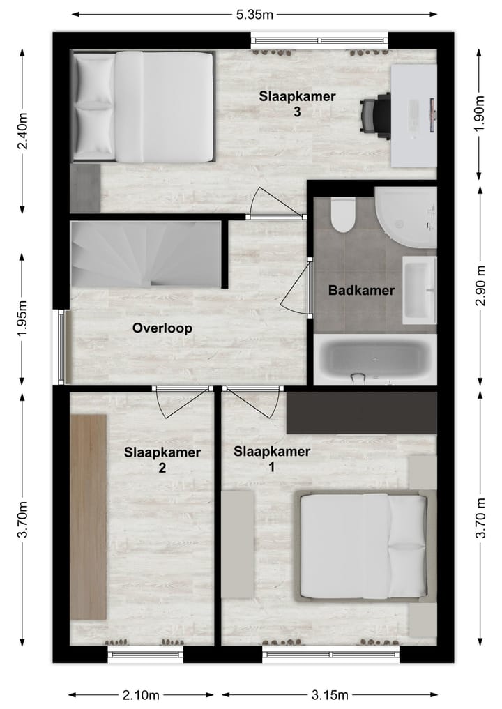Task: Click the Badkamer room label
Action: click(361, 291)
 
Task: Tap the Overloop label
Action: click(162, 328)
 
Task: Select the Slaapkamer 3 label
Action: click(297, 104)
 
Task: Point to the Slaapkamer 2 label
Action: click(162, 460)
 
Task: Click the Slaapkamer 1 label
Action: click(272, 459)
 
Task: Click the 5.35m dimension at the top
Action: click(254, 13)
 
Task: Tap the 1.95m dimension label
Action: click(23, 318)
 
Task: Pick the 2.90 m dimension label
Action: click(479, 286)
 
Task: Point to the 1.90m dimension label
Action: click(479, 115)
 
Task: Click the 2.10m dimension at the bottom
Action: click(141, 694)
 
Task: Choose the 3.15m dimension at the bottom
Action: click(329, 694)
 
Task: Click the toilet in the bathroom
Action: click(343, 216)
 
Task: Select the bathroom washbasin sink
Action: click(419, 290)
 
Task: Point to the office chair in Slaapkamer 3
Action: click(376, 115)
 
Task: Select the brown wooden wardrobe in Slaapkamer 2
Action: click(89, 517)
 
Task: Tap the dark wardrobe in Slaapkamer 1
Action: click(362, 413)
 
